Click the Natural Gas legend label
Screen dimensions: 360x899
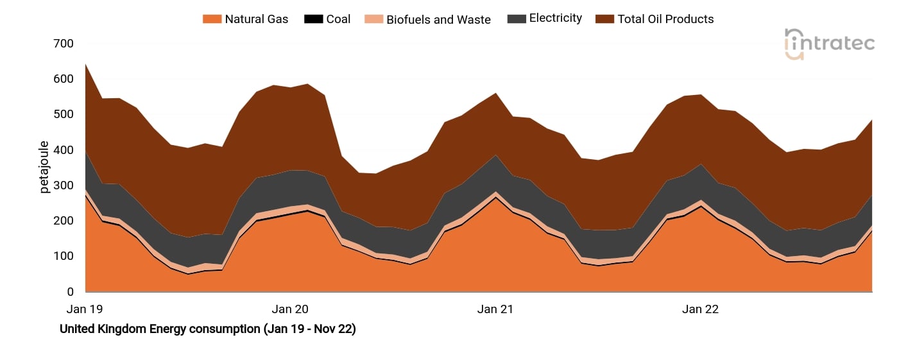(x=256, y=19)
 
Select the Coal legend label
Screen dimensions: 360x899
(x=338, y=19)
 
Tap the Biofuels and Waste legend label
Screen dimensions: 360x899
(x=438, y=19)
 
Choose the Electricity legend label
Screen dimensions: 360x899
(x=555, y=19)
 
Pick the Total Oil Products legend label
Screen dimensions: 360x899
(x=665, y=19)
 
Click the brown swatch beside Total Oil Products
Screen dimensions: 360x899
(x=604, y=19)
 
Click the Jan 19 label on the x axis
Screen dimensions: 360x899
(x=85, y=309)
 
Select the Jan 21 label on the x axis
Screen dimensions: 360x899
(x=495, y=309)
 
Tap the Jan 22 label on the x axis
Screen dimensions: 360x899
(x=700, y=309)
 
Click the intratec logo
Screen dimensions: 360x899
(x=829, y=44)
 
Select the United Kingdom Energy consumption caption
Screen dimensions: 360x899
(x=207, y=329)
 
